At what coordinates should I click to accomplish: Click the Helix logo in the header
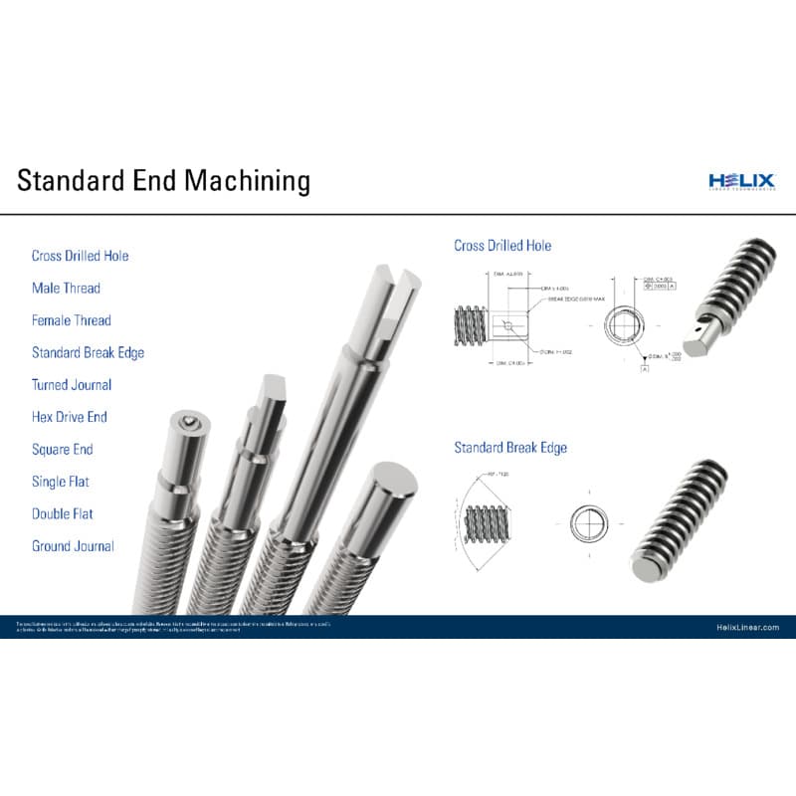pos(740,180)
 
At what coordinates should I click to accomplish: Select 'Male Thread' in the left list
pos(66,289)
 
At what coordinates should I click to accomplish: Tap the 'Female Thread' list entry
pos(71,320)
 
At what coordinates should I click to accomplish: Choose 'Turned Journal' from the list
pos(72,385)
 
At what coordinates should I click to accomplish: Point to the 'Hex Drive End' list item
pos(69,417)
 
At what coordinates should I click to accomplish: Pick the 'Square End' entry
pos(62,450)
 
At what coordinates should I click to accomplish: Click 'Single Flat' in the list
pos(61,482)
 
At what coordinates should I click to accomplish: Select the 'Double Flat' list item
pos(63,514)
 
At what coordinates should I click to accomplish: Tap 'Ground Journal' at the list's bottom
pos(73,546)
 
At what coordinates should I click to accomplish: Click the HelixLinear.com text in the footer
pos(747,627)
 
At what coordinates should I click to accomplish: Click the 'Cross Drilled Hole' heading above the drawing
pos(502,246)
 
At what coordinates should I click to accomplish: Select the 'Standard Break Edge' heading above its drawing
pos(510,448)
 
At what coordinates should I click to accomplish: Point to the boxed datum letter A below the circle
pos(644,369)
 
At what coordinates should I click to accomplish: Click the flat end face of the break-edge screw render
pos(646,566)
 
